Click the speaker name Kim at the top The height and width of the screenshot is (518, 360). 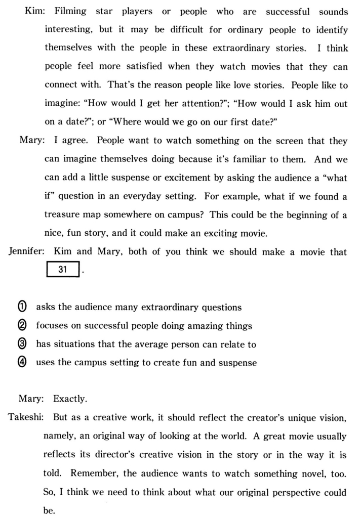tap(33, 12)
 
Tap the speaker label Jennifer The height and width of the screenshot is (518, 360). tap(27, 252)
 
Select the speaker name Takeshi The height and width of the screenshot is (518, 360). tap(25, 417)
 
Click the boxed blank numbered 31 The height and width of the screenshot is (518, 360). tap(63, 270)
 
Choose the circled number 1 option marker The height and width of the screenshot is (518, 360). tap(23, 307)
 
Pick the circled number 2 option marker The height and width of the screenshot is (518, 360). tap(23, 326)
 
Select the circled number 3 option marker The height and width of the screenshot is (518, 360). tap(23, 344)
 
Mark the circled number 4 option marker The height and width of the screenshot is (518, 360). tap(23, 363)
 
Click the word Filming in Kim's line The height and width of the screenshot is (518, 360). tap(70, 12)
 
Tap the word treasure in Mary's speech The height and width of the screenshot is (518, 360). tap(63, 215)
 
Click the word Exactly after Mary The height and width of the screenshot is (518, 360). tap(70, 399)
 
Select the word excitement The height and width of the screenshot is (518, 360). tap(188, 178)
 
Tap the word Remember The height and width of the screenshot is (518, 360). tap(93, 473)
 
